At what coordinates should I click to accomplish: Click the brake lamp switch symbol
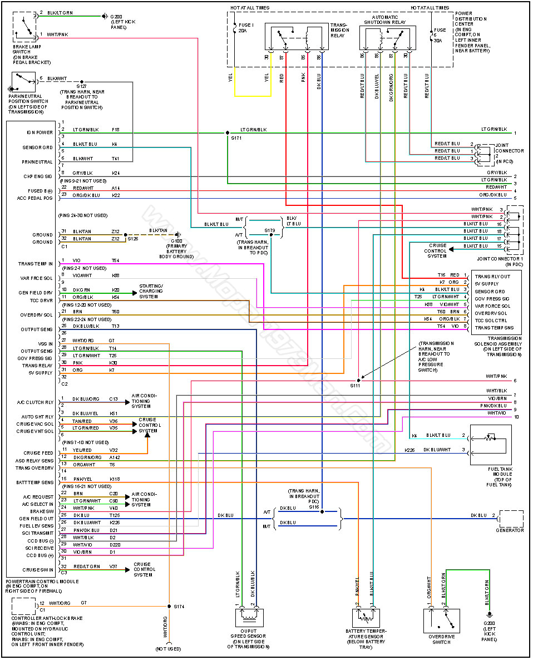(24, 26)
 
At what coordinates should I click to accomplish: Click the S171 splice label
(237, 137)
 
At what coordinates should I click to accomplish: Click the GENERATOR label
(510, 530)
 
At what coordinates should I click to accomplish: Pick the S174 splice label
(179, 606)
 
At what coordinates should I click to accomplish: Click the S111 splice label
(355, 386)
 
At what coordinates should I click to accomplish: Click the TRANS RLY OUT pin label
(492, 276)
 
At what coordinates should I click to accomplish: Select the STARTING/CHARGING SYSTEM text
(150, 288)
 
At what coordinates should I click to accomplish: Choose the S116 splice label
(315, 507)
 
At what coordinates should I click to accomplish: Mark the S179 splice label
(270, 230)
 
